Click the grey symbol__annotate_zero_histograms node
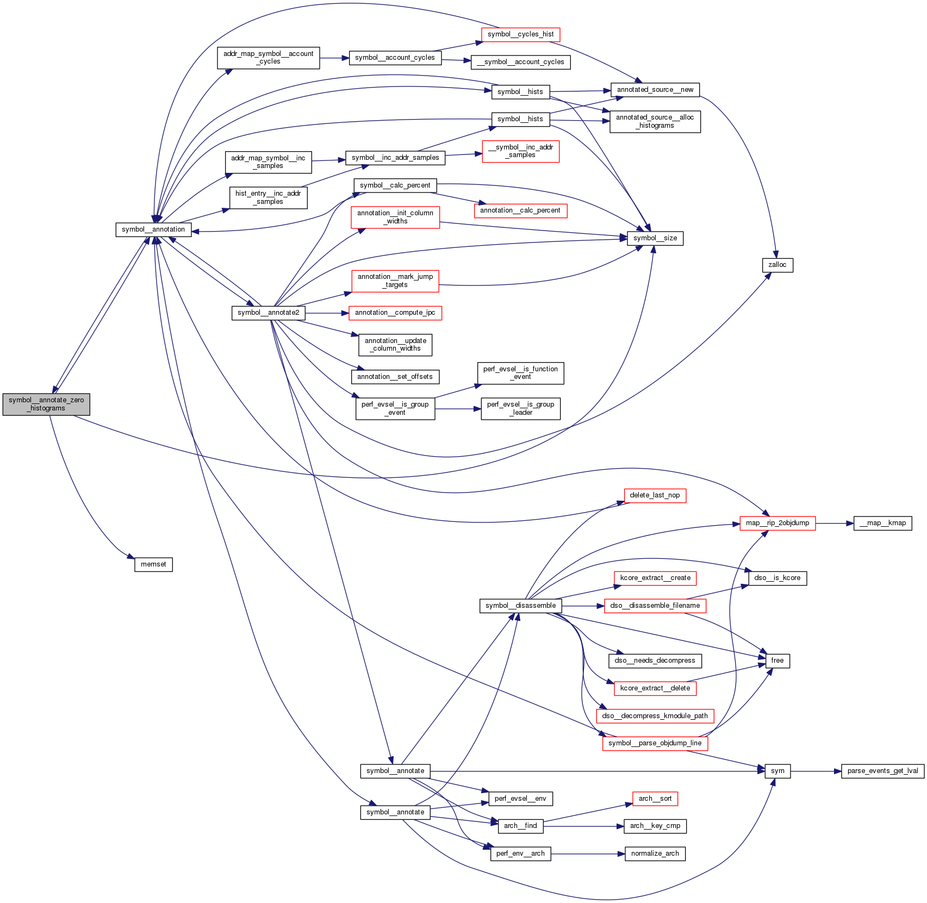point(46,404)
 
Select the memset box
point(153,564)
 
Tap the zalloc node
point(777,265)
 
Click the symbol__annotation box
point(153,229)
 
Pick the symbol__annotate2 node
point(268,313)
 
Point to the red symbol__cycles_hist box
point(520,34)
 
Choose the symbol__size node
point(655,238)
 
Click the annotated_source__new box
point(655,90)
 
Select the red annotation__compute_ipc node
point(395,313)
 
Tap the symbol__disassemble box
point(520,606)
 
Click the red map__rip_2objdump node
point(777,523)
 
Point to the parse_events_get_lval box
point(882,771)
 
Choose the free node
point(777,661)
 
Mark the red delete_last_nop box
point(655,495)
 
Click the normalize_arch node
point(655,854)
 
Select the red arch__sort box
point(655,799)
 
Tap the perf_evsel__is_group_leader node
point(520,408)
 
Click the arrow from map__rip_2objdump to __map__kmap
point(834,523)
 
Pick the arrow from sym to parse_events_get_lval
point(816,771)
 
